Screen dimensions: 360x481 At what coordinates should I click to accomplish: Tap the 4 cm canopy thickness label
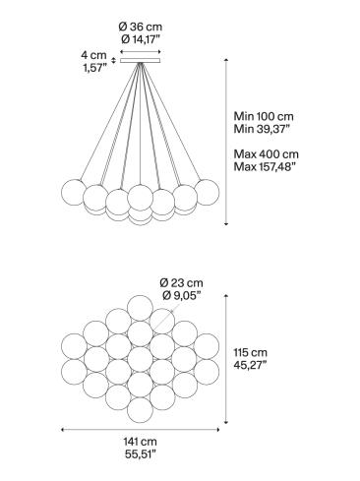(92, 56)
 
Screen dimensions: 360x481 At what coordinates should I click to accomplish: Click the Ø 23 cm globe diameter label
(181, 284)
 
